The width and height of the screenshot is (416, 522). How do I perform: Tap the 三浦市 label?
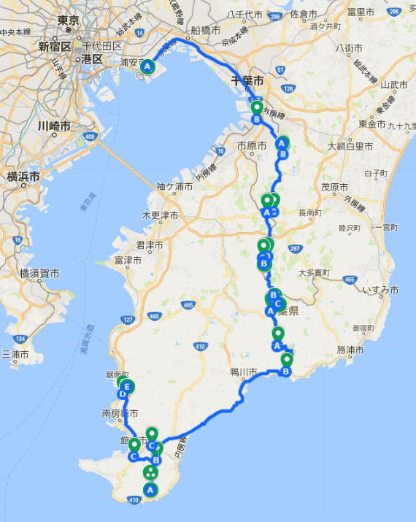(15, 354)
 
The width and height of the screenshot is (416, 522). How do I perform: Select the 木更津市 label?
(159, 216)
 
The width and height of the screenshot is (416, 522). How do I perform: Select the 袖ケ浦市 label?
(174, 188)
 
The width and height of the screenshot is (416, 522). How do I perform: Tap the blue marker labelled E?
(128, 386)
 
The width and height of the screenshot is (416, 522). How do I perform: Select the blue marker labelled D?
(122, 395)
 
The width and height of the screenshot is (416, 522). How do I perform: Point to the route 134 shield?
(20, 339)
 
